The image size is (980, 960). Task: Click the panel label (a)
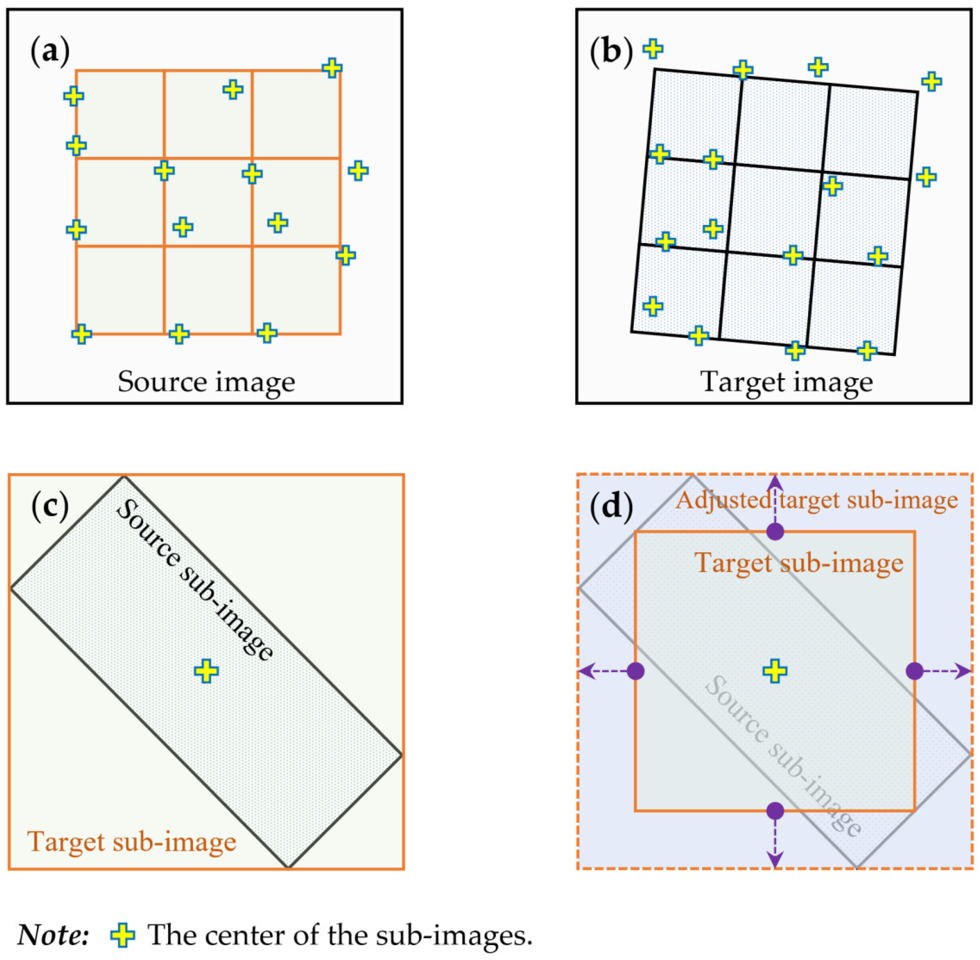coord(50,52)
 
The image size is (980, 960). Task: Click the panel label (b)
coord(611,52)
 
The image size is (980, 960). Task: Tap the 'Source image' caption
coord(206,382)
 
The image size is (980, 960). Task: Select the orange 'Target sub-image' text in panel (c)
coord(132,841)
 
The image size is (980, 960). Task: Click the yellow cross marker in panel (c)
coord(206,671)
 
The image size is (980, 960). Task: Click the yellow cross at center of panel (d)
coord(775,671)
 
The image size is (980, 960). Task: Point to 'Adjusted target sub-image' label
coord(817,501)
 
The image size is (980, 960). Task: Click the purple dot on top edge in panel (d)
coord(775,531)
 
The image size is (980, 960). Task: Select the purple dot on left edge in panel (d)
coord(636,671)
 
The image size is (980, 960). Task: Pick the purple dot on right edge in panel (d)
coord(914,671)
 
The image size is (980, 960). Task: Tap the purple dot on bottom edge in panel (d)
coord(775,811)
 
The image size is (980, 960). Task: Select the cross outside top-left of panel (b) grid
coord(653,49)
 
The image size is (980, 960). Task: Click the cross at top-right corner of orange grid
coord(332,68)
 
